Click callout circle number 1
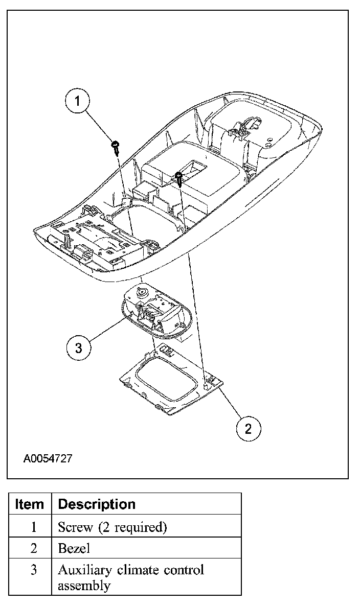tap(78, 101)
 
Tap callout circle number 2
tap(248, 428)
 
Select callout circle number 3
tap(78, 348)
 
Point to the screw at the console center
tap(178, 177)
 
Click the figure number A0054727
tap(47, 458)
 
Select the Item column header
tap(30, 504)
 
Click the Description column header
tap(97, 504)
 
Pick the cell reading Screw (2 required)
tap(112, 526)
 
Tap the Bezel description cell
tap(74, 548)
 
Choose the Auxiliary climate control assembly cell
tap(130, 577)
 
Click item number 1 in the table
tap(33, 526)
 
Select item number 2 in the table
tap(33, 548)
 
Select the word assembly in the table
tap(83, 586)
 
